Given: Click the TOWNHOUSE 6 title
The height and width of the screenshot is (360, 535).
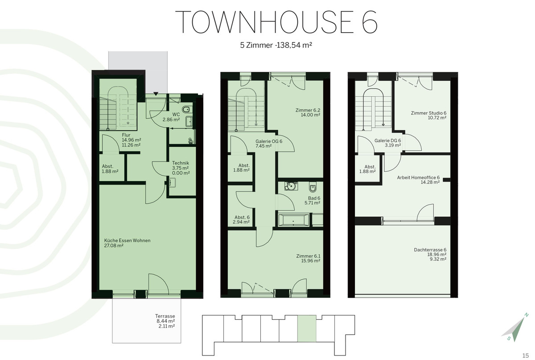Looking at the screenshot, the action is click(276, 22).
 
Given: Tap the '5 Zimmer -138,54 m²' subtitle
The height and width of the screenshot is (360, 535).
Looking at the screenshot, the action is click(276, 45).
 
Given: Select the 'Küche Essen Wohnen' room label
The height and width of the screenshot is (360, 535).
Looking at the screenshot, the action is click(128, 240).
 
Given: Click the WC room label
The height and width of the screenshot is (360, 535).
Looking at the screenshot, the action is click(176, 115).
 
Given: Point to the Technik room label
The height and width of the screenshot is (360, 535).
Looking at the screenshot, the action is click(181, 163).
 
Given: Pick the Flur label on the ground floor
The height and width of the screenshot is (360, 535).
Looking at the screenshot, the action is click(126, 135).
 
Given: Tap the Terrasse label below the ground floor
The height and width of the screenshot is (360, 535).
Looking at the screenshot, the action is click(165, 316).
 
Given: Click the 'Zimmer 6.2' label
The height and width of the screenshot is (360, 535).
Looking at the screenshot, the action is click(308, 110).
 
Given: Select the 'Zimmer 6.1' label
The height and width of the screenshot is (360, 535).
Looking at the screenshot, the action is click(309, 256).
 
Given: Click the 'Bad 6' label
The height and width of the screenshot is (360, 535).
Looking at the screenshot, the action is click(314, 198).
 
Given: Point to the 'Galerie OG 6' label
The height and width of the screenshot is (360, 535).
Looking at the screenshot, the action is click(269, 141).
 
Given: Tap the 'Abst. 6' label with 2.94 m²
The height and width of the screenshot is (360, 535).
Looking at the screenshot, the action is click(242, 217).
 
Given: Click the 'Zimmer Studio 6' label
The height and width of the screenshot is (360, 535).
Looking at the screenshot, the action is click(429, 113).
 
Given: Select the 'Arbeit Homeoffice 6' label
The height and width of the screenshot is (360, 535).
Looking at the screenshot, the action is click(419, 178).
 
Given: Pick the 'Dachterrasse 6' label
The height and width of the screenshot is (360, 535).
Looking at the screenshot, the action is click(430, 250).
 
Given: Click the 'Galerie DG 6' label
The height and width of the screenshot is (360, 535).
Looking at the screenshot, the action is click(387, 141).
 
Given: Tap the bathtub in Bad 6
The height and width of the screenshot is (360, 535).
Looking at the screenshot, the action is click(293, 220).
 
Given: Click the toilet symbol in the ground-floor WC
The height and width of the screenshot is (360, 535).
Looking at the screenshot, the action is click(186, 110).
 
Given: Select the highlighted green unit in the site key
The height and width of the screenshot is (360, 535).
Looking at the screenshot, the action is click(307, 328).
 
